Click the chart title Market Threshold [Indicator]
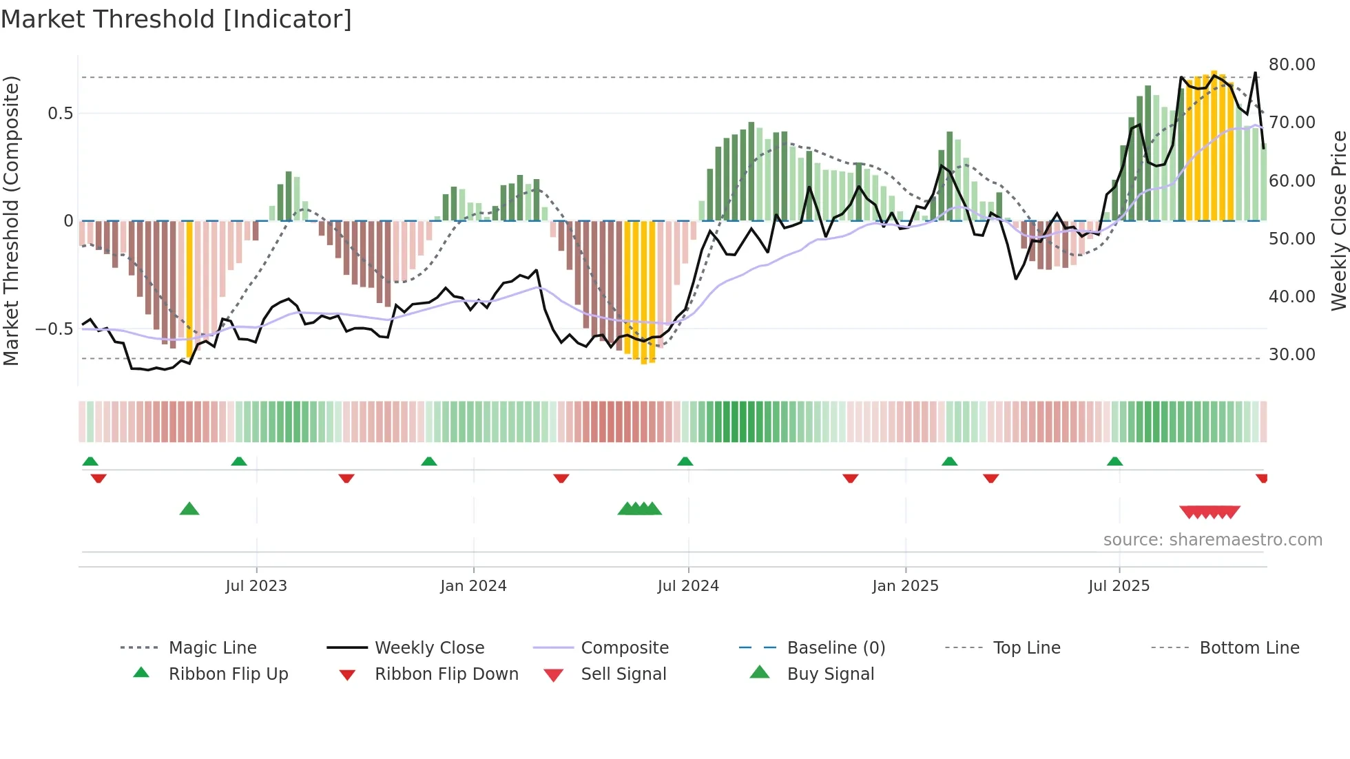(x=176, y=19)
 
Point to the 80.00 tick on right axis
(x=1291, y=65)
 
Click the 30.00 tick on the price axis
(x=1291, y=355)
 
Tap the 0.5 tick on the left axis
(x=61, y=114)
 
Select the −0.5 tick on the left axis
(x=54, y=329)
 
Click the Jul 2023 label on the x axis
(x=256, y=586)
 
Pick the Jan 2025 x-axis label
(x=905, y=586)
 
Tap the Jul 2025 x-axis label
(x=1119, y=586)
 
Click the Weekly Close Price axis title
(x=1338, y=220)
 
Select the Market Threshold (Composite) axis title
(x=11, y=220)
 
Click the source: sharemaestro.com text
(x=1212, y=540)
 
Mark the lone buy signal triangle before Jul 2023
(x=189, y=510)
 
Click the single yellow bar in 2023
(x=189, y=289)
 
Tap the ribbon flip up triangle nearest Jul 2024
(x=685, y=461)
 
